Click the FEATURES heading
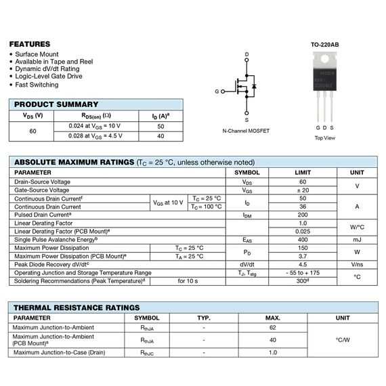point(29,43)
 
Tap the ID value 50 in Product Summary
point(160,126)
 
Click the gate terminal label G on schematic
point(217,91)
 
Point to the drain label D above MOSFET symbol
point(246,54)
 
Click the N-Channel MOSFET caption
point(245,131)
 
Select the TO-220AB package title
point(325,45)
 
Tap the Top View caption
point(324,137)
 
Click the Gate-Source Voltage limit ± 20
point(303,190)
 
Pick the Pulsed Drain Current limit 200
point(303,215)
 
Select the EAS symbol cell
point(247,240)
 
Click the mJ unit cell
point(357,240)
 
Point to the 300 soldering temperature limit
point(303,280)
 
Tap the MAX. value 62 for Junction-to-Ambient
point(273,327)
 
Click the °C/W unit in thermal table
point(343,339)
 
